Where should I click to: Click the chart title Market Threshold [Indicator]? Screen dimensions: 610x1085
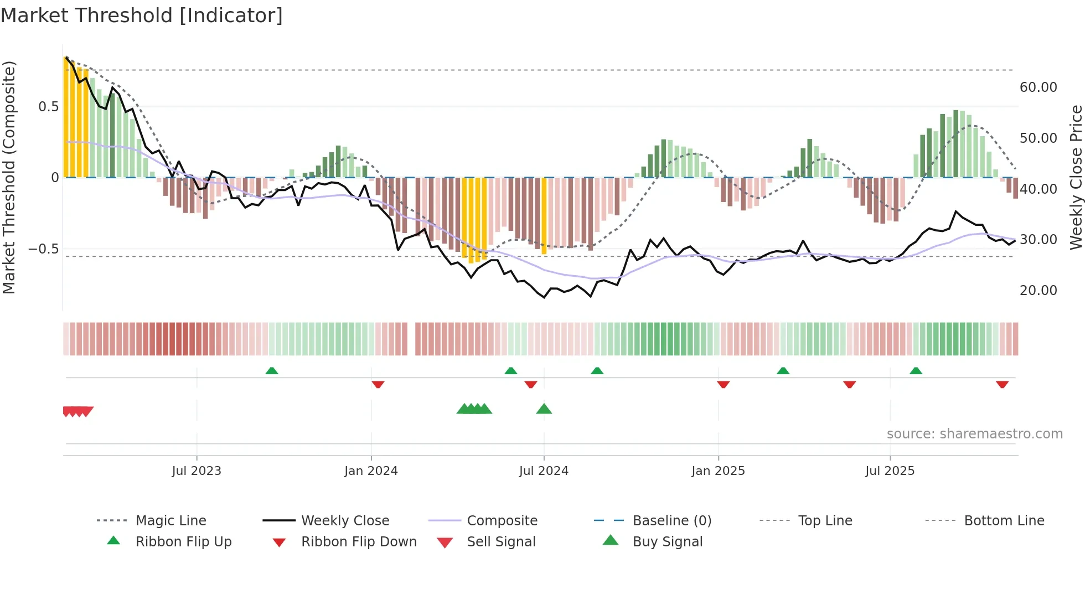(x=142, y=15)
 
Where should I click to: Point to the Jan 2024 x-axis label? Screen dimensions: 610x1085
(x=371, y=471)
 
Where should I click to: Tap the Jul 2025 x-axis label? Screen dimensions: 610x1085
(x=890, y=471)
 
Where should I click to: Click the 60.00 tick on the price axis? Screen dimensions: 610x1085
(x=1038, y=87)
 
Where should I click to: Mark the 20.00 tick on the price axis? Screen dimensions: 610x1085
(x=1038, y=291)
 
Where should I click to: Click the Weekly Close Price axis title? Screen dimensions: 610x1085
(x=1076, y=177)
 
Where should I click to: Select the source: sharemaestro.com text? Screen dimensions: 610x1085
(x=974, y=434)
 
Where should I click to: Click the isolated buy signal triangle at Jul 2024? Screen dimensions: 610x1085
(x=544, y=410)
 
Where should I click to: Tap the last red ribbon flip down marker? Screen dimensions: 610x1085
(x=1002, y=384)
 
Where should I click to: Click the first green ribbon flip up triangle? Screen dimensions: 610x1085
(x=272, y=371)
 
